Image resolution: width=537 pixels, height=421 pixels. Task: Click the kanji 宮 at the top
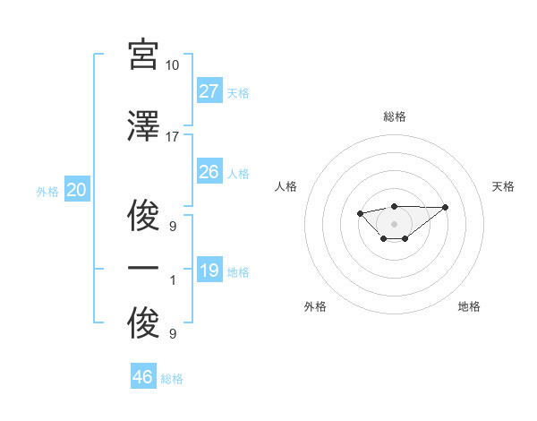click(144, 56)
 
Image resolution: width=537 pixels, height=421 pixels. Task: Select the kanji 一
click(144, 268)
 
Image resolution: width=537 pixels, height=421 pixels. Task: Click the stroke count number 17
click(173, 136)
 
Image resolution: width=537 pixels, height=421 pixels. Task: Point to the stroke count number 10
click(173, 65)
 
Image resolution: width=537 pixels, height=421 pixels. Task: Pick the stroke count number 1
click(174, 279)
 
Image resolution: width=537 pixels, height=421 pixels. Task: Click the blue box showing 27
click(209, 91)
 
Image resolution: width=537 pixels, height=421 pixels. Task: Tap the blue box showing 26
click(209, 172)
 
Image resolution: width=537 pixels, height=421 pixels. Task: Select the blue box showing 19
click(209, 271)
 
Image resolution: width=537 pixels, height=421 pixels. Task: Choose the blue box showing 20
click(76, 190)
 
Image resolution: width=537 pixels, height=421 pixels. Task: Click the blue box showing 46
click(143, 377)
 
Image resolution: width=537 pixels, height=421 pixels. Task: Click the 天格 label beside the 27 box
click(238, 92)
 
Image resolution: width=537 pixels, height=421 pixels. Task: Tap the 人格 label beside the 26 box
click(238, 173)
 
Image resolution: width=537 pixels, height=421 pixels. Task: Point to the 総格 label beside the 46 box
click(172, 379)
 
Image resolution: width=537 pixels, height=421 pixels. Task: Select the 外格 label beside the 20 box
click(47, 191)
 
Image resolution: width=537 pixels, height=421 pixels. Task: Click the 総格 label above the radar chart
click(394, 116)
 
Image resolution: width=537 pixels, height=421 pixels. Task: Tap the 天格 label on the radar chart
click(504, 186)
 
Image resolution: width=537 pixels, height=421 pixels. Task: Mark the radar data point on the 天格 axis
click(446, 207)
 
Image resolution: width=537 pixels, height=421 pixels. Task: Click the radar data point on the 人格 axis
click(360, 213)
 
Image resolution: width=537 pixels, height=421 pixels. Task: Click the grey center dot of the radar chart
click(394, 223)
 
